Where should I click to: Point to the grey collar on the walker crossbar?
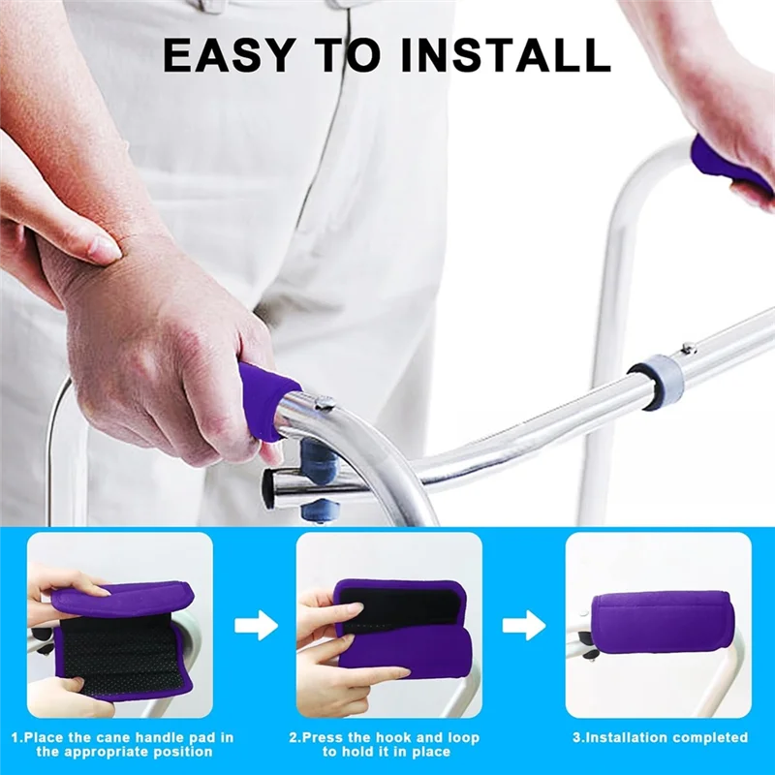point(656,380)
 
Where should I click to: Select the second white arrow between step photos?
point(523,625)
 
